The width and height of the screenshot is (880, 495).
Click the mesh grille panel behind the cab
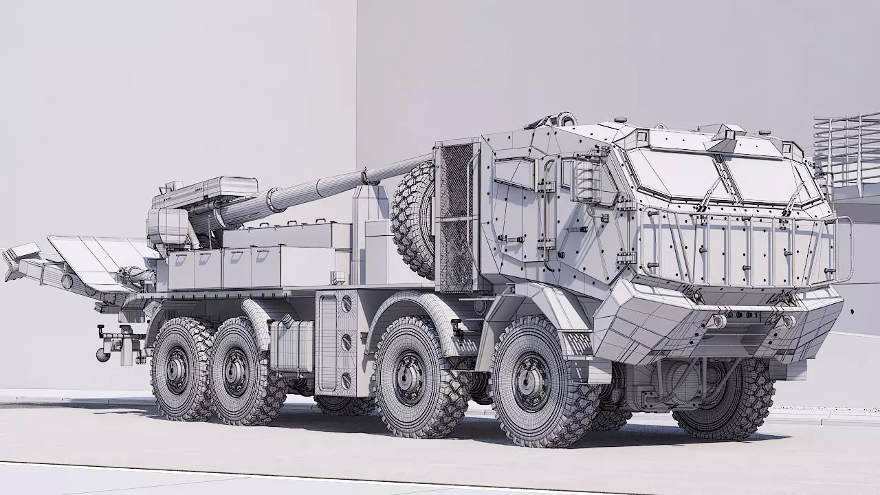point(456,217)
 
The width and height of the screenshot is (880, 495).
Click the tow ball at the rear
point(101,355)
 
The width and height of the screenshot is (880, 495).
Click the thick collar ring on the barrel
point(276,199)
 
